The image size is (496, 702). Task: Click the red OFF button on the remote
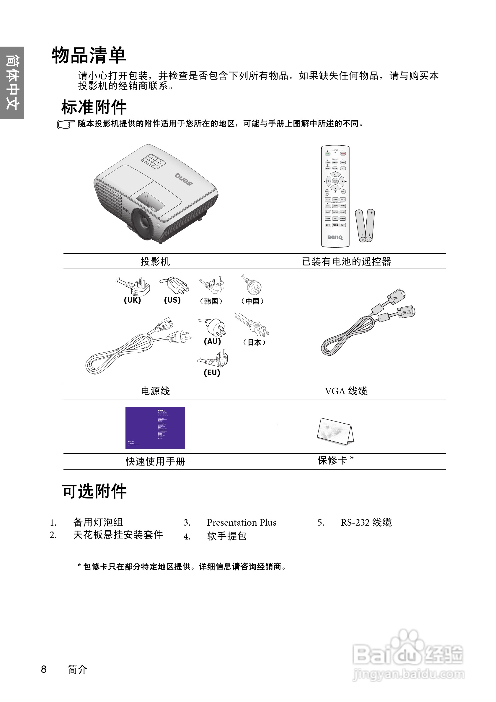(x=343, y=153)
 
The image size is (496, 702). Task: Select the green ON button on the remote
(x=328, y=153)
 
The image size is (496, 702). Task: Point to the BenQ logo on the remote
(x=335, y=237)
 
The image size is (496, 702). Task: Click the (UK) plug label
(x=132, y=300)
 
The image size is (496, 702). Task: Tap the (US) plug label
(x=172, y=300)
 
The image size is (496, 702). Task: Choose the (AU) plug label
(x=212, y=341)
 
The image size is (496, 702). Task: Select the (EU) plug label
(x=212, y=373)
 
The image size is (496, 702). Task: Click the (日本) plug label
(x=254, y=342)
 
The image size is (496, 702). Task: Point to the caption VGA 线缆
(x=346, y=391)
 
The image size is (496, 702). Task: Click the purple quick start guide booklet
(x=155, y=427)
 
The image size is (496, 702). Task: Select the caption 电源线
(x=155, y=391)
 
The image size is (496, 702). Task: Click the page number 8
(x=44, y=669)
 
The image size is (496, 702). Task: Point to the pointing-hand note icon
(x=66, y=124)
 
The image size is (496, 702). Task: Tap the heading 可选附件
(x=94, y=492)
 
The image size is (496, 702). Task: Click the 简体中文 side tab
(x=12, y=83)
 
